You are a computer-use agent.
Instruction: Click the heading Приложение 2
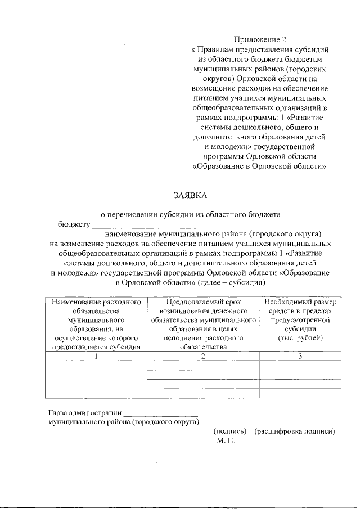click(x=260, y=39)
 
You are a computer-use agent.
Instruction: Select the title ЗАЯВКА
click(x=190, y=195)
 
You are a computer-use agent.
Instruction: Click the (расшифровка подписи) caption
click(x=294, y=431)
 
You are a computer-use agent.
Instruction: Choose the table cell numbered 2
click(x=203, y=355)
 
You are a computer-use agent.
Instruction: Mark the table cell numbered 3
click(x=300, y=355)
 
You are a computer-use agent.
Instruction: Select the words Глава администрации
click(x=84, y=414)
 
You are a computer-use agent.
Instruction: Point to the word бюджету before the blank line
click(x=74, y=224)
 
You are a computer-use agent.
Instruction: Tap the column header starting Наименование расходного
click(x=96, y=324)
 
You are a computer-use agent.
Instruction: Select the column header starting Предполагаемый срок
click(x=203, y=324)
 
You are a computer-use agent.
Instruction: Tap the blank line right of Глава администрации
click(x=161, y=415)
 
